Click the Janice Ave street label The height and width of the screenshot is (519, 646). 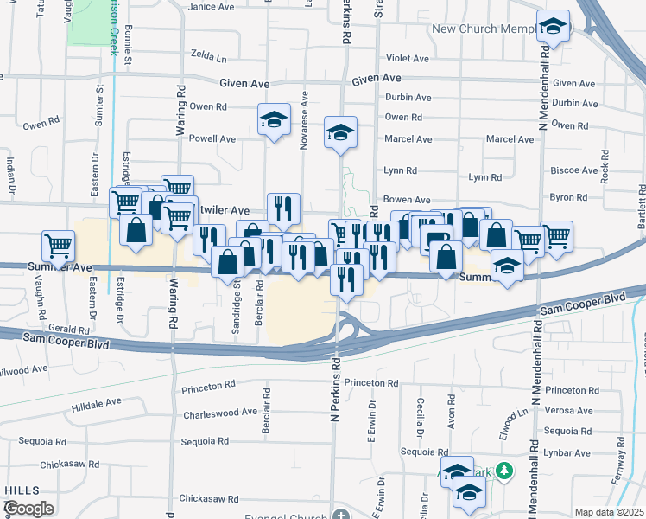[x=212, y=6]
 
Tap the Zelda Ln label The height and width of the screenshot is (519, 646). [x=209, y=59]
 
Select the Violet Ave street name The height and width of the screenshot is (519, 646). [x=408, y=59]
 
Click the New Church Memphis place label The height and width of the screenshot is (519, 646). [x=483, y=29]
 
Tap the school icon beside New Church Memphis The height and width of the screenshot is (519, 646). [x=551, y=28]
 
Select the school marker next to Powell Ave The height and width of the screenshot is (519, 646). [x=274, y=120]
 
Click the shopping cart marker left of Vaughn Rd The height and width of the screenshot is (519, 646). [x=59, y=245]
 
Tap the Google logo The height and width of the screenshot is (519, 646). [x=29, y=509]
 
